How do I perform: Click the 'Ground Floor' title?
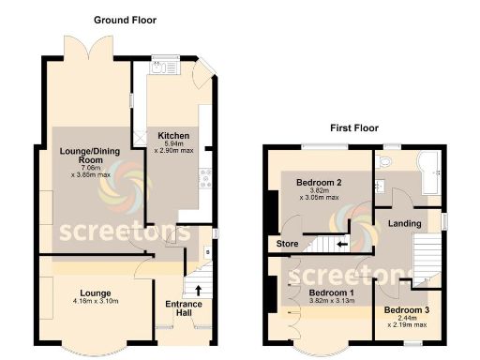(125, 20)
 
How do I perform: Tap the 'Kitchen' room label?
(173, 135)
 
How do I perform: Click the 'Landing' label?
(404, 222)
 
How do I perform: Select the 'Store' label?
(284, 245)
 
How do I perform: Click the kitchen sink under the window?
(171, 60)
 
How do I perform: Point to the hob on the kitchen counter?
(205, 172)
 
